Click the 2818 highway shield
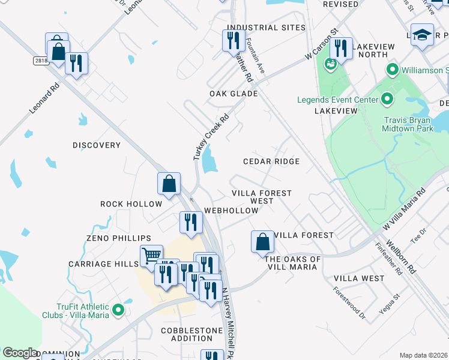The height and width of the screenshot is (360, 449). pyautogui.click(x=40, y=61)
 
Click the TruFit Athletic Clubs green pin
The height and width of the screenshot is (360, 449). pyautogui.click(x=118, y=310)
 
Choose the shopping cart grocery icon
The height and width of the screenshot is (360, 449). pyautogui.click(x=152, y=256)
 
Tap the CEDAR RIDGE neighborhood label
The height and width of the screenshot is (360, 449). pyautogui.click(x=271, y=162)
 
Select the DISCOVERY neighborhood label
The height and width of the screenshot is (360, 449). pyautogui.click(x=97, y=145)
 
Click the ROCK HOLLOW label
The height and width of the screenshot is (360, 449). pyautogui.click(x=131, y=204)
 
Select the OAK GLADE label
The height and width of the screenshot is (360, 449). pyautogui.click(x=234, y=94)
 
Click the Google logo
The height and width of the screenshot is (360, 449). pyautogui.click(x=20, y=353)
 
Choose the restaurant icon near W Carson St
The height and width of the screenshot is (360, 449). pyautogui.click(x=341, y=48)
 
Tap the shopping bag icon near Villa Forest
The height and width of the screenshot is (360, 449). pyautogui.click(x=262, y=242)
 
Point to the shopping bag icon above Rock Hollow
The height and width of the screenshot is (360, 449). pyautogui.click(x=169, y=184)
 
